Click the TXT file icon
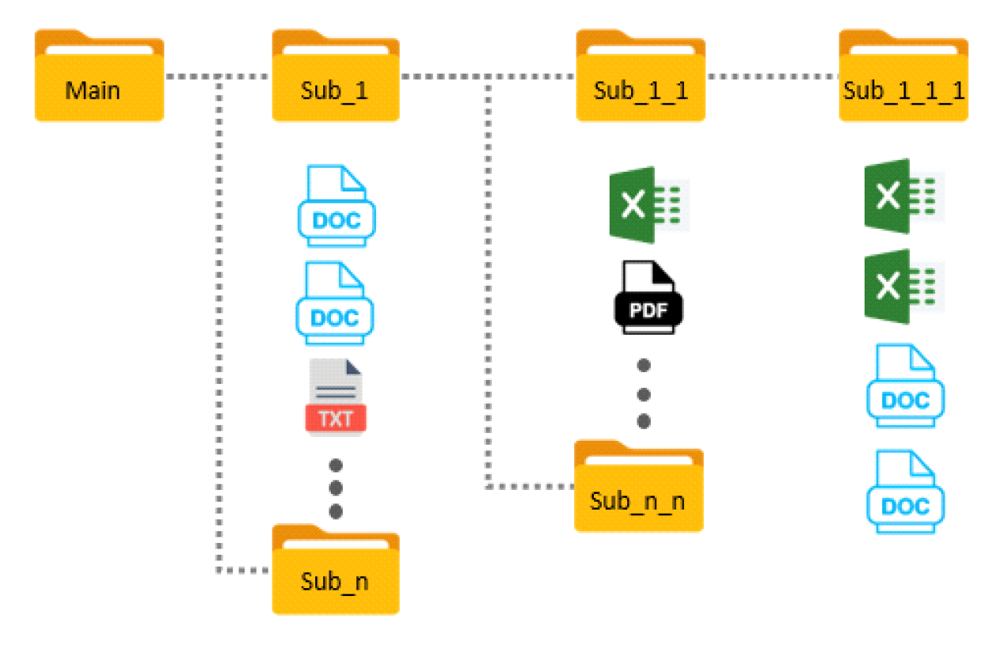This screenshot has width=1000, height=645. (x=335, y=396)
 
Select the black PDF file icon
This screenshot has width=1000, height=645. (x=644, y=297)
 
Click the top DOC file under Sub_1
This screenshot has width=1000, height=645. (x=336, y=206)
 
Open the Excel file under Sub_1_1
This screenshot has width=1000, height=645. (x=648, y=204)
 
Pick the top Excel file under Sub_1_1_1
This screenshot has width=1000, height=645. (x=903, y=196)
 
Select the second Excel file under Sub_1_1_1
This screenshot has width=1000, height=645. (x=903, y=286)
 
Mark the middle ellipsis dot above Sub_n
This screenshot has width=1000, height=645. (x=336, y=487)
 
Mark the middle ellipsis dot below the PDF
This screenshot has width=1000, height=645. (x=644, y=393)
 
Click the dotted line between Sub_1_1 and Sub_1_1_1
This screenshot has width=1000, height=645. (x=772, y=77)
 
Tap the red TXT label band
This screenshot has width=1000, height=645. (x=336, y=418)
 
